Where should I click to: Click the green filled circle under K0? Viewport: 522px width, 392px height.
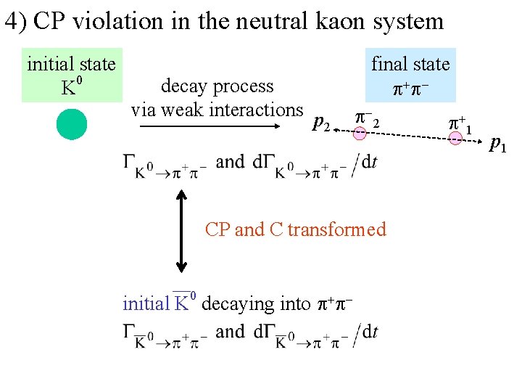72,123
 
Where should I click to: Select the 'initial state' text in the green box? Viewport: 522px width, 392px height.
71,64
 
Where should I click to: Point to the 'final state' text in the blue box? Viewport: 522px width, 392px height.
410,64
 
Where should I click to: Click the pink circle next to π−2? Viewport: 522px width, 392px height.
360,133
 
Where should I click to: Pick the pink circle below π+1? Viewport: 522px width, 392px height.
455,138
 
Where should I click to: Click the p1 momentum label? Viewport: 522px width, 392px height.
497,144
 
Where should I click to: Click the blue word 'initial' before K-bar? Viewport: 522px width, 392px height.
146,303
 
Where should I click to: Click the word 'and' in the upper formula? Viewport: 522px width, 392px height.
231,161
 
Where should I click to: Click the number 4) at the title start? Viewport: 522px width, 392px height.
15,21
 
